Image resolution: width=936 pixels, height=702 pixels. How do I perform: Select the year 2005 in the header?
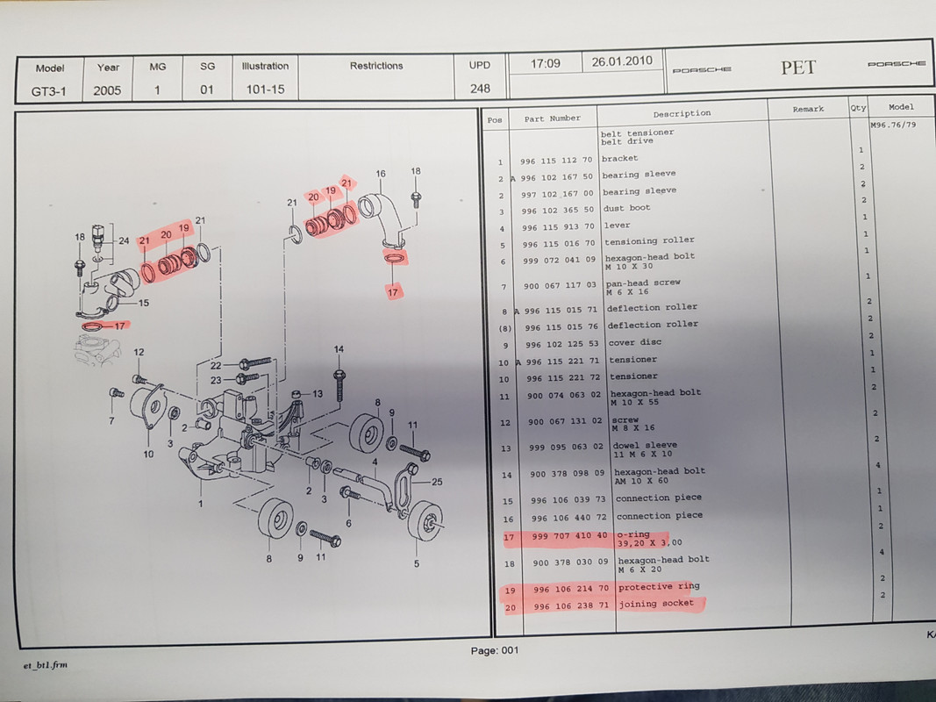107,90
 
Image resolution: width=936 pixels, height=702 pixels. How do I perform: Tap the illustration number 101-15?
266,90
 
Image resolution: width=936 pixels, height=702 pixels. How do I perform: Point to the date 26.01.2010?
622,61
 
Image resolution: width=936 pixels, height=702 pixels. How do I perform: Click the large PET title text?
798,68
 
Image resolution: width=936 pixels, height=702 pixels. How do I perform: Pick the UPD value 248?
480,89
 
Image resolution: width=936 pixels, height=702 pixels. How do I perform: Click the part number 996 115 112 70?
556,161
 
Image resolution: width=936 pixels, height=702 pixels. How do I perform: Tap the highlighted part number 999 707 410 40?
569,536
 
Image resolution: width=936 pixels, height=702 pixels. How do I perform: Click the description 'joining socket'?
656,604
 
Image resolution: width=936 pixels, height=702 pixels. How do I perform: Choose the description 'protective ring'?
659,587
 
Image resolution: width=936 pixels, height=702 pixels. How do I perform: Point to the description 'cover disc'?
634,342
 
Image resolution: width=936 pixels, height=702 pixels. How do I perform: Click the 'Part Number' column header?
552,118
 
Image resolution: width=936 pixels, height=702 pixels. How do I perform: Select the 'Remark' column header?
808,109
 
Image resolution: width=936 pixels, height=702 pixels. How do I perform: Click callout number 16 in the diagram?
381,174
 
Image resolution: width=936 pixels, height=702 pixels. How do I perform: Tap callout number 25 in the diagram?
437,482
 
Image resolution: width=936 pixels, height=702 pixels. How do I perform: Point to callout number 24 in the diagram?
124,240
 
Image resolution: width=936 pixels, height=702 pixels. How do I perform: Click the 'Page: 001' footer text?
494,650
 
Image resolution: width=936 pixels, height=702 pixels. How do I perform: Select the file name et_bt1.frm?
46,665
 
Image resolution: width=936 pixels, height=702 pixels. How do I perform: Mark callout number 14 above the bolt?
339,349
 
